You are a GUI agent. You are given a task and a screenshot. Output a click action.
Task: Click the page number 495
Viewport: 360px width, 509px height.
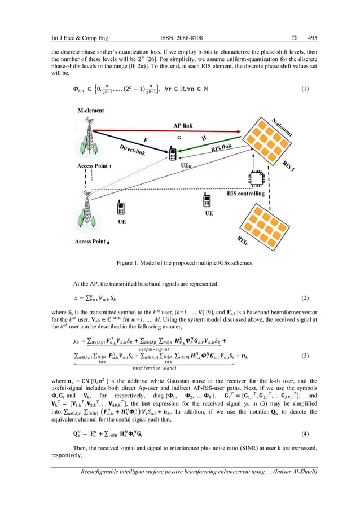tap(312, 38)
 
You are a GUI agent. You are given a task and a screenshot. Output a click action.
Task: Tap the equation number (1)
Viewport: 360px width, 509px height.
tap(305, 89)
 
